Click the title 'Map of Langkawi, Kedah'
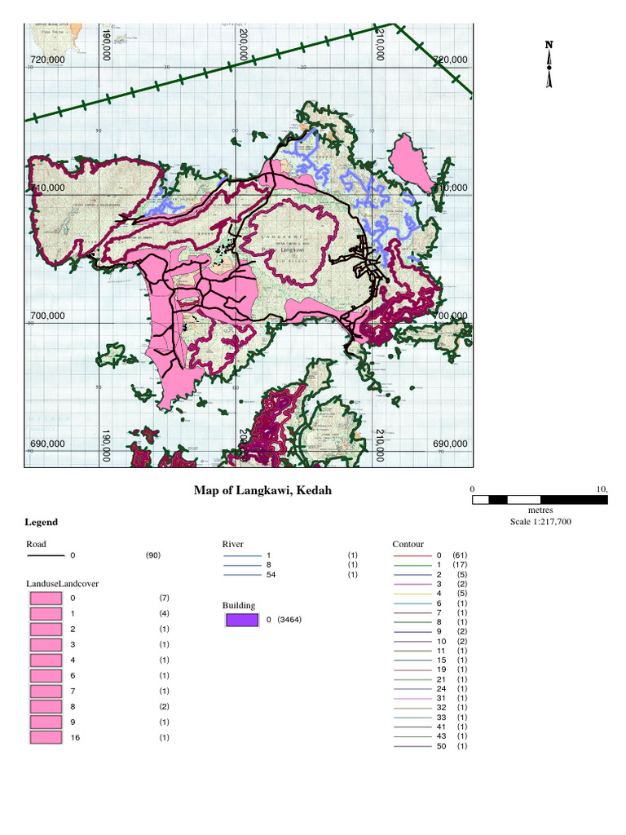262,491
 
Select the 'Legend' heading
42,522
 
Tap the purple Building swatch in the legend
241,620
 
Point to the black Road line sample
45,555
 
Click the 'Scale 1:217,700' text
540,522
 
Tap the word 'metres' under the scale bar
540,510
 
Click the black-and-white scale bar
540,499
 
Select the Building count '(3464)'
290,620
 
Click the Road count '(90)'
153,555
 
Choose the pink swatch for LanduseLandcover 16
46,738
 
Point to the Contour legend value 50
441,746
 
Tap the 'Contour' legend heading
408,544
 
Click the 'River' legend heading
233,544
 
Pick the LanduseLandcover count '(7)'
164,598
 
